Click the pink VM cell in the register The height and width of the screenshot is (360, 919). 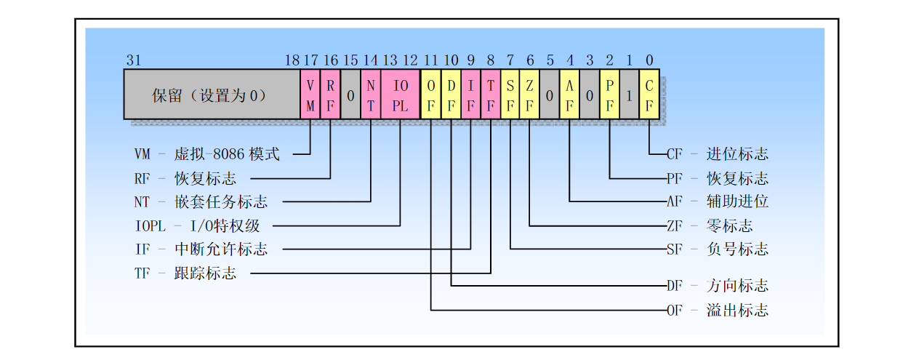pyautogui.click(x=310, y=95)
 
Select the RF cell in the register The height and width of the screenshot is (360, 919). pyautogui.click(x=330, y=95)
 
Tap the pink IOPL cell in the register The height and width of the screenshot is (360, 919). pyautogui.click(x=401, y=95)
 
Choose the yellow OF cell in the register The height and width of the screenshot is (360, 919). pyautogui.click(x=430, y=95)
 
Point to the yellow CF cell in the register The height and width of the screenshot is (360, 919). pyautogui.click(x=649, y=95)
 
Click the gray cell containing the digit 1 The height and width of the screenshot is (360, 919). pyautogui.click(x=630, y=95)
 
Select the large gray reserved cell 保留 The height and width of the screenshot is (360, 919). pyautogui.click(x=212, y=95)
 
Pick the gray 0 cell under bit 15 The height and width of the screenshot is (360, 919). pyautogui.click(x=350, y=95)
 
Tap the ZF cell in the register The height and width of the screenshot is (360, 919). pyautogui.click(x=529, y=95)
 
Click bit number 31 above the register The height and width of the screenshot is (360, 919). pyautogui.click(x=134, y=60)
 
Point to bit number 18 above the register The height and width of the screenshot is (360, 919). pyautogui.click(x=292, y=60)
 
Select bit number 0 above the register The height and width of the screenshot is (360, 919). pyautogui.click(x=649, y=60)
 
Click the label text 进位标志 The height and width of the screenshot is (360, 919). pyautogui.click(x=737, y=154)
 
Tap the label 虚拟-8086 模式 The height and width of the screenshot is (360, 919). pyautogui.click(x=227, y=154)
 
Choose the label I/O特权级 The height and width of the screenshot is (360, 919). pyautogui.click(x=225, y=225)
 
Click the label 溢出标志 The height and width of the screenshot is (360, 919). pyautogui.click(x=737, y=310)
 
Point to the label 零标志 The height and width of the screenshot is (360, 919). pyautogui.click(x=729, y=225)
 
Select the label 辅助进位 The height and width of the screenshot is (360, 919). pyautogui.click(x=737, y=201)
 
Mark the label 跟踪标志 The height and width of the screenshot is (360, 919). pyautogui.click(x=205, y=273)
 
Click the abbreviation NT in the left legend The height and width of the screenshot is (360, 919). pyautogui.click(x=142, y=202)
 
